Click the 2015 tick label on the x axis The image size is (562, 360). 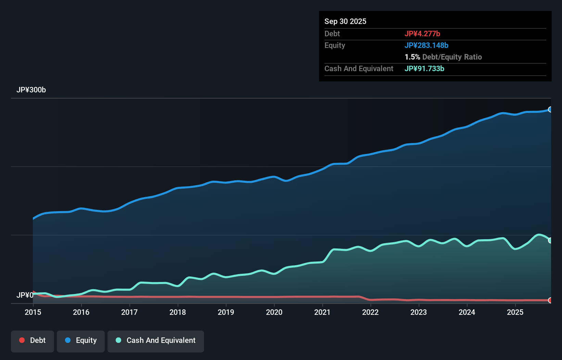(33, 312)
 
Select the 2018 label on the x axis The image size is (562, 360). (178, 312)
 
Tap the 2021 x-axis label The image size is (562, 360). (322, 312)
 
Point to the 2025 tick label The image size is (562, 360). (515, 312)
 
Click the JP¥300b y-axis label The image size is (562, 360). (31, 90)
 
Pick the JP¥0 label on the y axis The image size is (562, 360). (25, 295)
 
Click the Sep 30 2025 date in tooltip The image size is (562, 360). (345, 21)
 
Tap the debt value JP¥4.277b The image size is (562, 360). (422, 34)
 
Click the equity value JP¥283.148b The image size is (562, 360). (426, 45)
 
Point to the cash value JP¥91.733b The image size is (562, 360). (424, 68)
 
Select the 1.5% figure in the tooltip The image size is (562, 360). (412, 57)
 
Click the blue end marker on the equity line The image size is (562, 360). (550, 110)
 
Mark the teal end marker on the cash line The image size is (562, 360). (550, 240)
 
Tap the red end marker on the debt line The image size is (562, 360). (550, 300)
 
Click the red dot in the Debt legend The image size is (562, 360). (22, 340)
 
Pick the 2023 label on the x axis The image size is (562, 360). (419, 312)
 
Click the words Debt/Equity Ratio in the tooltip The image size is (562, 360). (452, 57)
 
